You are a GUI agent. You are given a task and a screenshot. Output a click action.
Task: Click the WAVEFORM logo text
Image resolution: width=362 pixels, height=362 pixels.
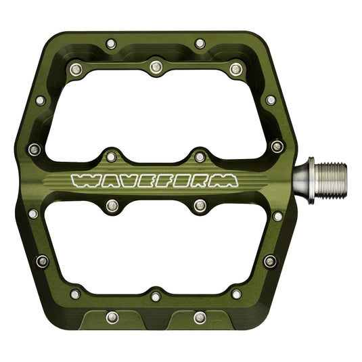(x=155, y=181)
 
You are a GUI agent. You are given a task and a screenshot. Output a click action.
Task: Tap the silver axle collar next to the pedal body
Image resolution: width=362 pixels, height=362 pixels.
(x=309, y=179)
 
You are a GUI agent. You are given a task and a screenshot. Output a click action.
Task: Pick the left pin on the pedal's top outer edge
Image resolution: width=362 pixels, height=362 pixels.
(x=111, y=44)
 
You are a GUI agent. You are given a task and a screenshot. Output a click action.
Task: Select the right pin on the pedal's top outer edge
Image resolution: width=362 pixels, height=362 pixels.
(x=200, y=44)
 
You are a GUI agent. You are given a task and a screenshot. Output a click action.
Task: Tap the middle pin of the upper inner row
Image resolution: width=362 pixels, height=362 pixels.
(x=156, y=66)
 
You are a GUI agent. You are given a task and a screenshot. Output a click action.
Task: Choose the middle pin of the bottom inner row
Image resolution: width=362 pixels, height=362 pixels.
(x=156, y=296)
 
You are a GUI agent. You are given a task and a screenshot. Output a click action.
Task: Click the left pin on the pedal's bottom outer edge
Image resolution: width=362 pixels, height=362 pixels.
(x=112, y=317)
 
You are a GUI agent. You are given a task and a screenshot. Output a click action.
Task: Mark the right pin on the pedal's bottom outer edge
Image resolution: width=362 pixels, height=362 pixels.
(x=200, y=317)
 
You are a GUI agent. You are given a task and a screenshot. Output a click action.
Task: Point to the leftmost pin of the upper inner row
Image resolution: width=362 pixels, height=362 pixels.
(x=74, y=68)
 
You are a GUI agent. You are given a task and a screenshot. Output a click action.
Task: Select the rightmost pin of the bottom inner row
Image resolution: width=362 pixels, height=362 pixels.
(x=236, y=294)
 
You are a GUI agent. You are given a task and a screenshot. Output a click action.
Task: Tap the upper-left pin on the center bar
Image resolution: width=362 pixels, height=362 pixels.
(x=111, y=157)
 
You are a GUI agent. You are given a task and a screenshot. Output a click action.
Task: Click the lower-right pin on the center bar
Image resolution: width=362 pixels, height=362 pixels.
(x=200, y=204)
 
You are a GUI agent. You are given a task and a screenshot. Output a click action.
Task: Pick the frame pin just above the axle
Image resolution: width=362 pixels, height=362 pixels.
(x=277, y=146)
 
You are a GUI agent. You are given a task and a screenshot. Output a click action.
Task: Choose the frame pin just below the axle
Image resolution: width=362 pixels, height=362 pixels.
(x=278, y=216)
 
